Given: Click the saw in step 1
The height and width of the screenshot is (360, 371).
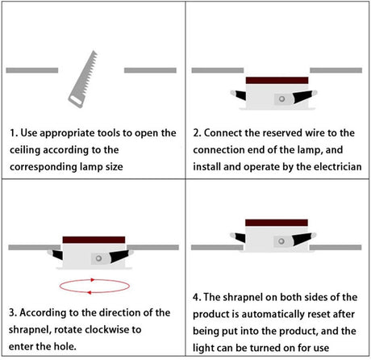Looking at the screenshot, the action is (83, 79).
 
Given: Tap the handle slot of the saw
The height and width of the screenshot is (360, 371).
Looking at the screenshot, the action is (76, 100).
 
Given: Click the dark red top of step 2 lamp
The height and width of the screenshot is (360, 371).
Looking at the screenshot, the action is (277, 80).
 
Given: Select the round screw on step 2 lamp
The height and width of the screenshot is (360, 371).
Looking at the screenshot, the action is (281, 98).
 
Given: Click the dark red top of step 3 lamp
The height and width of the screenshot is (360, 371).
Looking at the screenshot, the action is (94, 240).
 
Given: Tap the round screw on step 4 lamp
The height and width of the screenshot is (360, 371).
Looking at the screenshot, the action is (281, 241).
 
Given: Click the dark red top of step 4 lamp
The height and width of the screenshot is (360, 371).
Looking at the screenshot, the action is (277, 223).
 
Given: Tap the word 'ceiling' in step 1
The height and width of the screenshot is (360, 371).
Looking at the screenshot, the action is (25, 150).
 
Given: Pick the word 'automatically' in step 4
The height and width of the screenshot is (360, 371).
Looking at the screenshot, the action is (273, 314).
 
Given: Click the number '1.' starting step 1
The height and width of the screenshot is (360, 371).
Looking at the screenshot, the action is (14, 133).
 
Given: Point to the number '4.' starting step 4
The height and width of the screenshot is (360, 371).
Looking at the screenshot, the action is (197, 297).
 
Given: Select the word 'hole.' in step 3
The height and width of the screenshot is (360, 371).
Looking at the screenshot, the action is (65, 346).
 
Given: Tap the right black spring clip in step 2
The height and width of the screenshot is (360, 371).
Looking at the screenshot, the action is (302, 97).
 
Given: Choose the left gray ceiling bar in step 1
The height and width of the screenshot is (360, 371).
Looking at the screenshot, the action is (32, 70).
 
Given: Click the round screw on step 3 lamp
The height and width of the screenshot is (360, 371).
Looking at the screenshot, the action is (98, 258).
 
